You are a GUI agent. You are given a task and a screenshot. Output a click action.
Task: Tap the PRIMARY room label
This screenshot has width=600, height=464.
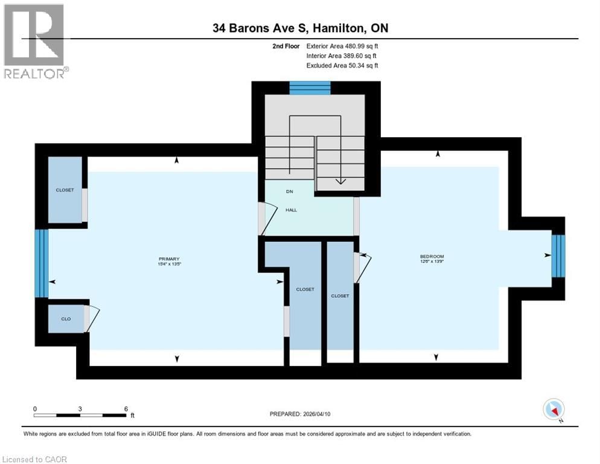(x=170, y=259)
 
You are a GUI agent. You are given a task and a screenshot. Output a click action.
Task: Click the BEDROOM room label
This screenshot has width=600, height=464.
(x=432, y=256)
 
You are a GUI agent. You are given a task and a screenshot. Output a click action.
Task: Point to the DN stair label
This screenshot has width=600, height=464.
(x=289, y=192)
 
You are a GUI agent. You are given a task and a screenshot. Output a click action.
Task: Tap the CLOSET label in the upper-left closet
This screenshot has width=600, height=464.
(x=65, y=190)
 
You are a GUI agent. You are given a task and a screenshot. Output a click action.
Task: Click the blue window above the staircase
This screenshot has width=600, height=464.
(x=310, y=88)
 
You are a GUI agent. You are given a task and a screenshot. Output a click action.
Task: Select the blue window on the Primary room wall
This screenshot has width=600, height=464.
(x=41, y=263)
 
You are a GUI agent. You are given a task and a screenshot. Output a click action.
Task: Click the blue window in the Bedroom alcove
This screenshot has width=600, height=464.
(x=558, y=256)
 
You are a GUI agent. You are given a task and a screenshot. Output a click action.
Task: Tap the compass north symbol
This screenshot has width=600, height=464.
(x=554, y=410)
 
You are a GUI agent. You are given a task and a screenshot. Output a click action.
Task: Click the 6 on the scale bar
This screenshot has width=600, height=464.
(x=126, y=408)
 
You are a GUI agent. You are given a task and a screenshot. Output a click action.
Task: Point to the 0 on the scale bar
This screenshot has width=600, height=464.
(x=35, y=408)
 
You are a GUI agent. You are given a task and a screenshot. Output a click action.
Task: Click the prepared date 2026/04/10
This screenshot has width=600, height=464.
(x=321, y=414)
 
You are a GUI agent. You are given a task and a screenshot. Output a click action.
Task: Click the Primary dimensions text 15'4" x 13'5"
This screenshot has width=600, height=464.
(x=170, y=264)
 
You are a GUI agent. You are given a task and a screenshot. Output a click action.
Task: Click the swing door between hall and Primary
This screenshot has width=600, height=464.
(x=266, y=218)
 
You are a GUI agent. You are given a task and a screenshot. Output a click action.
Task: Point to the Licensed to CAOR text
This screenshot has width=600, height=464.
(x=36, y=459)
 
